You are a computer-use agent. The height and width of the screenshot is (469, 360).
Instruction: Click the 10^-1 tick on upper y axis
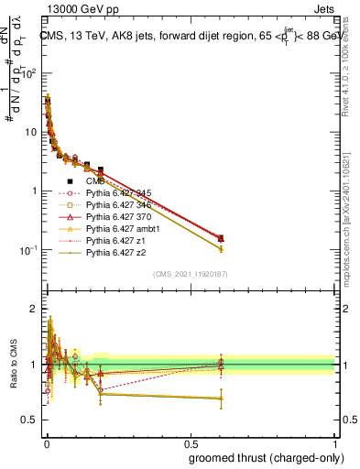tap(33, 250)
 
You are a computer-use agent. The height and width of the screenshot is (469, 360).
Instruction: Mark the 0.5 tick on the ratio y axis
tap(33, 420)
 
